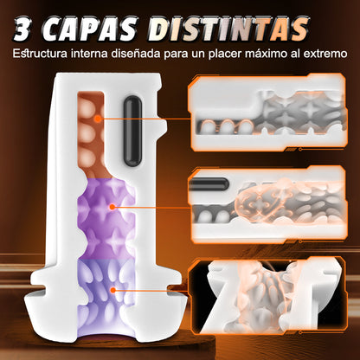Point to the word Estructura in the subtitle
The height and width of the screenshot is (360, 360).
coord(42,55)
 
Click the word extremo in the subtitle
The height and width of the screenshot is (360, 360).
coord(328,55)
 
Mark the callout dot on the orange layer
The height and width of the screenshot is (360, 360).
coord(101,119)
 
